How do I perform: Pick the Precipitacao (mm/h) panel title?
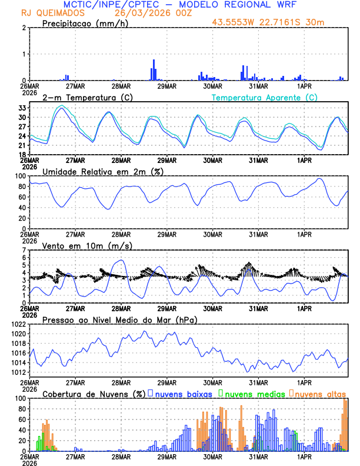pyautogui.click(x=85, y=23)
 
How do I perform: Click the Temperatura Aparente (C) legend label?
pyautogui.click(x=265, y=97)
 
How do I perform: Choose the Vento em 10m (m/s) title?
pyautogui.click(x=83, y=245)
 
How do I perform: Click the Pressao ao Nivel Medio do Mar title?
pyautogui.click(x=119, y=319)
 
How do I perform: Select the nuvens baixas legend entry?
pyautogui.click(x=183, y=394)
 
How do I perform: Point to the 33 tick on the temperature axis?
pyautogui.click(x=21, y=108)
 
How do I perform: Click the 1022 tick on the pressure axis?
pyautogui.click(x=18, y=324)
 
